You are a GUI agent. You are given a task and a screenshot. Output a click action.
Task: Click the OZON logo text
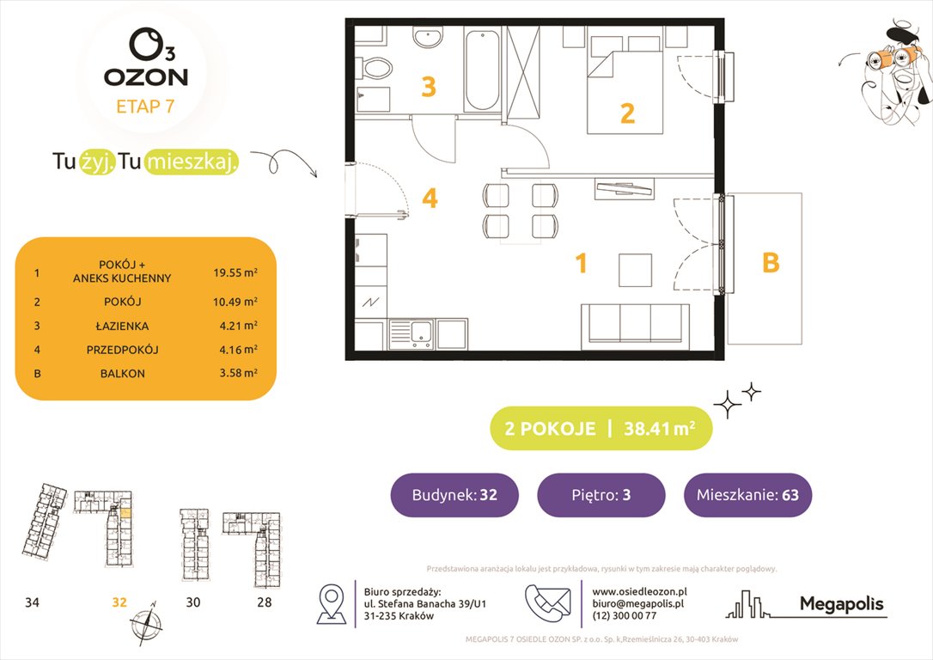(x=145, y=76)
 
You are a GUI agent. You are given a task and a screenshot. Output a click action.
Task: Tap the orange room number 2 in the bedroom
(x=627, y=113)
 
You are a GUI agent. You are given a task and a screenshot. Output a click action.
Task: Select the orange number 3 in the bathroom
(x=428, y=87)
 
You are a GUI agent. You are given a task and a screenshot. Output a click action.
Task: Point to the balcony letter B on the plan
(x=771, y=263)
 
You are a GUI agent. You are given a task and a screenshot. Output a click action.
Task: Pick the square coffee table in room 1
(x=637, y=270)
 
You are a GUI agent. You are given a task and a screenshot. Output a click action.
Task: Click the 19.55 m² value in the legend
(x=235, y=274)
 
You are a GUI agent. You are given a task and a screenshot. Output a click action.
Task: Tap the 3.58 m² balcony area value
(x=235, y=374)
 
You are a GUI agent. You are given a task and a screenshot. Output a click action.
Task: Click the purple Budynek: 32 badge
(x=454, y=495)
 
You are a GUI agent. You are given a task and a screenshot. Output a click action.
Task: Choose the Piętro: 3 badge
(x=601, y=495)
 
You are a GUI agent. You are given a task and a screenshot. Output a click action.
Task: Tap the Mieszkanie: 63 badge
(x=747, y=495)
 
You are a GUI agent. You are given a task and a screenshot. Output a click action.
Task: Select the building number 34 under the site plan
(x=32, y=602)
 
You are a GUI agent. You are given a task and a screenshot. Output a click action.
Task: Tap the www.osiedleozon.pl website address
(x=639, y=591)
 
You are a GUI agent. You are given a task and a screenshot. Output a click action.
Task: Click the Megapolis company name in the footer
(x=841, y=604)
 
